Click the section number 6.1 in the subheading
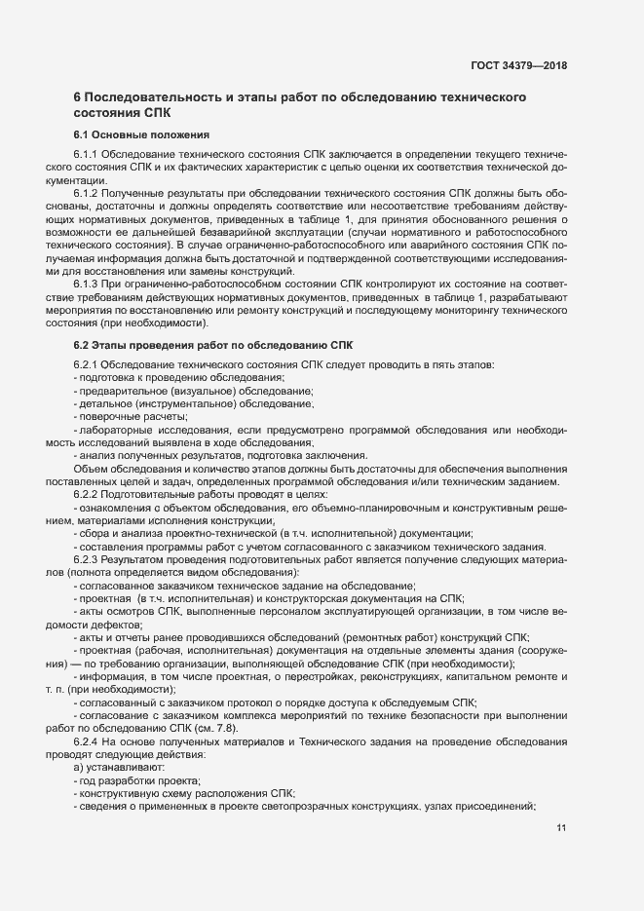[82, 133]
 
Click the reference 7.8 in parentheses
[221, 728]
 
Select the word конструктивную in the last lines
[122, 793]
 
